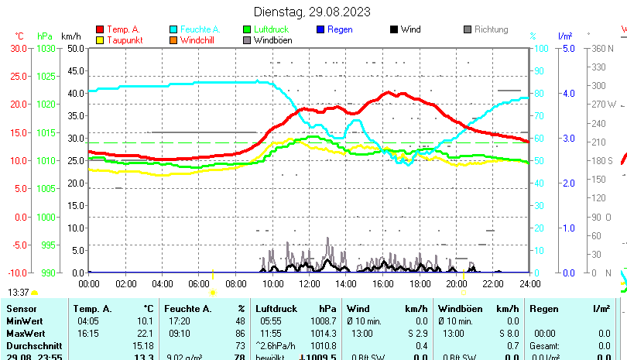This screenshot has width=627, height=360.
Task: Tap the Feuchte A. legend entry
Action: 194,29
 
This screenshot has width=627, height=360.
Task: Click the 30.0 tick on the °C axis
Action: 18,48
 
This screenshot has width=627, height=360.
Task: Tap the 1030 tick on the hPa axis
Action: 46,48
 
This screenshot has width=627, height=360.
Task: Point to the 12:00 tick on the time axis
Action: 309,283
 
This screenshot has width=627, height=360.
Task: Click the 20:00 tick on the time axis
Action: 456,283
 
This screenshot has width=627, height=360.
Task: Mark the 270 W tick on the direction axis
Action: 604,105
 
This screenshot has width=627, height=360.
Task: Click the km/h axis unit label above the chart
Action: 70,36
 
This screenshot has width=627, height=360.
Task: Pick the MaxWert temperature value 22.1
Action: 145,333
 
